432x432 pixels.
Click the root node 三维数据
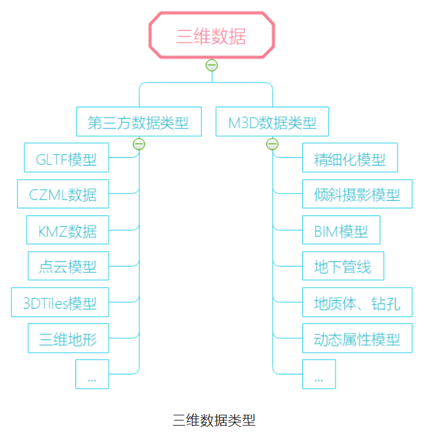click(212, 36)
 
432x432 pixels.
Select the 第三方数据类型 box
click(139, 121)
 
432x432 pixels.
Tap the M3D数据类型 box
click(272, 121)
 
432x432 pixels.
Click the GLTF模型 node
click(66, 158)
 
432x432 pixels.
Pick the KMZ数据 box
click(68, 230)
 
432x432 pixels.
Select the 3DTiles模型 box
click(60, 302)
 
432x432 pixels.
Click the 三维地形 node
click(68, 338)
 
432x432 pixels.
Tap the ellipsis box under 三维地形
click(92, 374)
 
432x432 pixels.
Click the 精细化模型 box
click(350, 158)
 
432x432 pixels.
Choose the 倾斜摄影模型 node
click(357, 194)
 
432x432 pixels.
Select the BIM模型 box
click(341, 230)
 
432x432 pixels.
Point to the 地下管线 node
click(343, 266)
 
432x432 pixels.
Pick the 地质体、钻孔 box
click(357, 302)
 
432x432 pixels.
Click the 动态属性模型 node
click(357, 338)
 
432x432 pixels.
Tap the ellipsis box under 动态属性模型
click(319, 374)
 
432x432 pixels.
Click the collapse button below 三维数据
click(212, 65)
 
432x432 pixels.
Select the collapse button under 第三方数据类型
click(139, 144)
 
